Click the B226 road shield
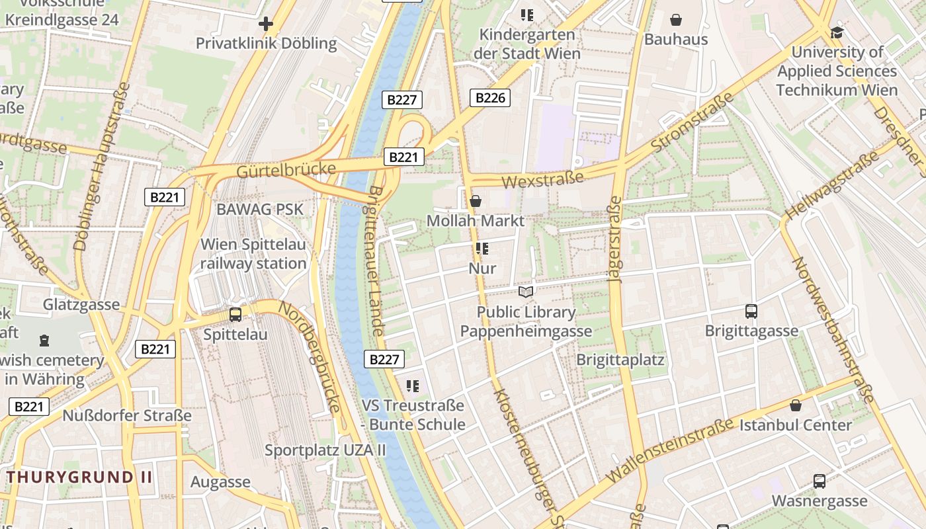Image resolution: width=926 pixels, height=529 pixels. point(490,98)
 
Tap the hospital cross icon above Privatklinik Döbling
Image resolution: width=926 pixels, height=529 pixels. point(266,24)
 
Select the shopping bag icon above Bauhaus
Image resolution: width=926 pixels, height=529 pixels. point(676,20)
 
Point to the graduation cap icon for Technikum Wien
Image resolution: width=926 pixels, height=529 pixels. point(837,32)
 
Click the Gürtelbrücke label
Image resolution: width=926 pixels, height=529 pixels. point(286,170)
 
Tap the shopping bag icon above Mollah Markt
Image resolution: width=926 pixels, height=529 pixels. point(475,201)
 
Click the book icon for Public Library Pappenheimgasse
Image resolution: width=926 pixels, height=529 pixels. point(526,292)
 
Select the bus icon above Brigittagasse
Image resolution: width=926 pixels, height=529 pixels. point(751,311)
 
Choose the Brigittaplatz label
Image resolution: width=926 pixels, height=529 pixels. point(620,360)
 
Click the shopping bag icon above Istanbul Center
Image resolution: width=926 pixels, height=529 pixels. point(796,405)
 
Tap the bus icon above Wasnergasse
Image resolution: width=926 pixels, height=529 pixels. point(819,481)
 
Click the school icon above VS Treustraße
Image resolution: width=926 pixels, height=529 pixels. point(413,386)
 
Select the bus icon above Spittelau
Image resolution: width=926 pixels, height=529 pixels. point(235,315)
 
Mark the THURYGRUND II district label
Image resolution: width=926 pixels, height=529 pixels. point(80,477)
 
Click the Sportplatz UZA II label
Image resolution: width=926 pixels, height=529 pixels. point(325,450)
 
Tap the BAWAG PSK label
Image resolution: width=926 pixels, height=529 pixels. point(260,210)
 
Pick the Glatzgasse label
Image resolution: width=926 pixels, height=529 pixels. point(81,305)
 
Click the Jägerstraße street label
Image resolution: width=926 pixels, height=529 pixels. point(616,239)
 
